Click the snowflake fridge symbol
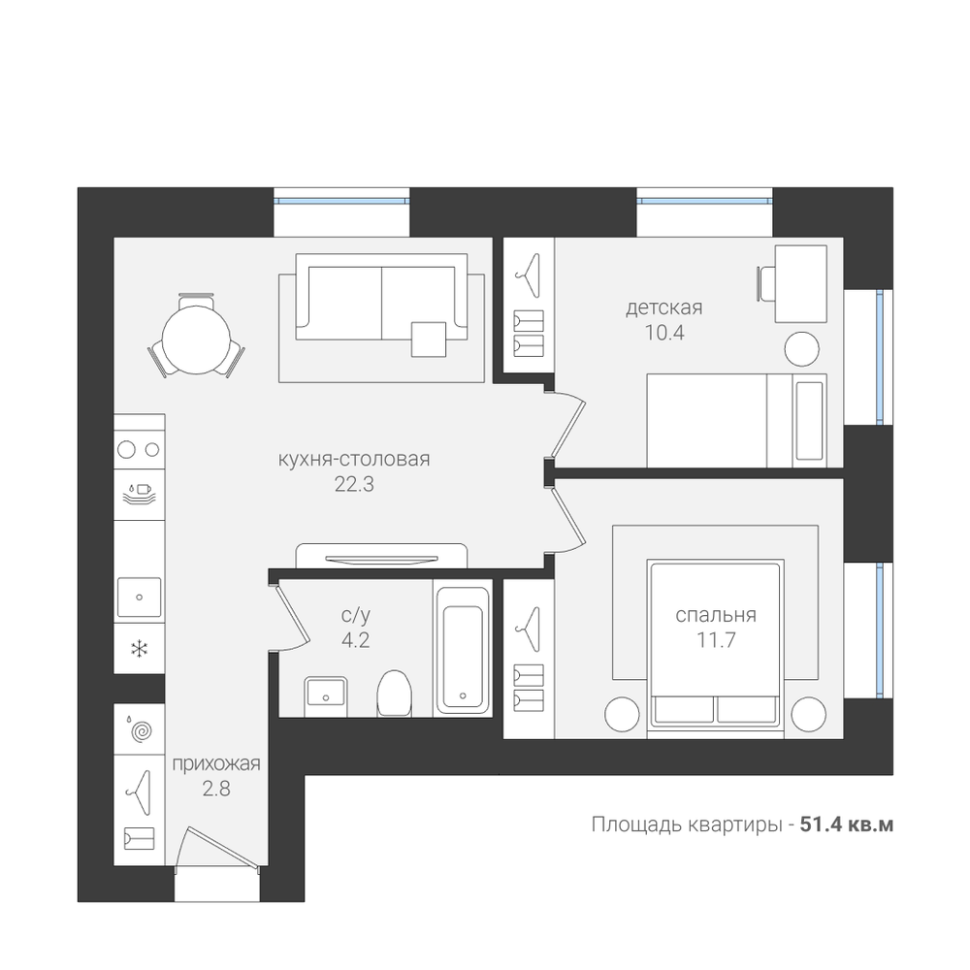(x=139, y=649)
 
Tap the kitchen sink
(x=139, y=597)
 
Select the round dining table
(x=196, y=339)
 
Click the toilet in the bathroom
(x=395, y=693)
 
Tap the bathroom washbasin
(x=325, y=696)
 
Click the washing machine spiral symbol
(x=142, y=731)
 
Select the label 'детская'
(x=663, y=308)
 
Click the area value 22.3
(x=354, y=484)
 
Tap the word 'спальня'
(x=716, y=615)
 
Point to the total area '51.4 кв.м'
(x=846, y=824)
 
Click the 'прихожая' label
(x=216, y=764)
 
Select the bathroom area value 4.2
(x=355, y=639)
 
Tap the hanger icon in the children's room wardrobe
(x=528, y=275)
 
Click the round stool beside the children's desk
(x=802, y=349)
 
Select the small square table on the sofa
(x=429, y=339)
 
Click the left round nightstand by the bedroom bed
(x=623, y=714)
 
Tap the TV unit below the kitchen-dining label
(x=381, y=556)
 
